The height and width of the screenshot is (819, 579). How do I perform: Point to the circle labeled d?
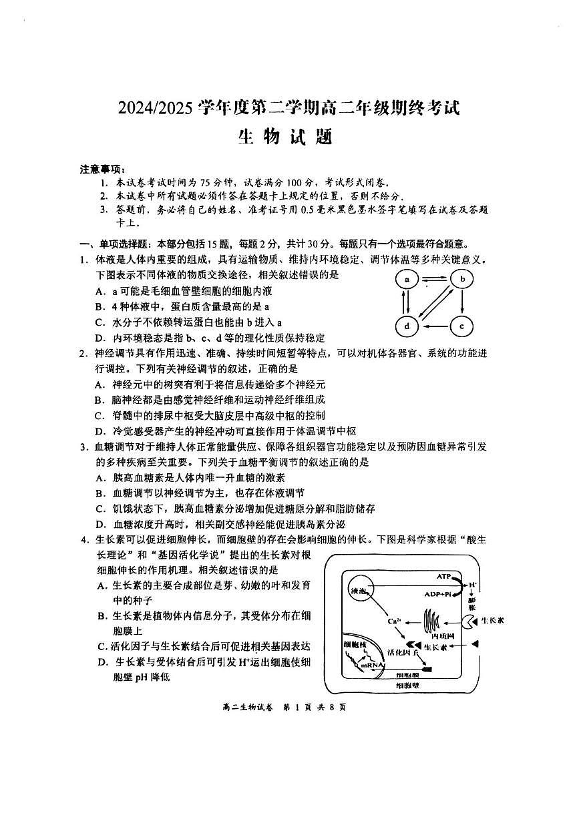[x=406, y=326]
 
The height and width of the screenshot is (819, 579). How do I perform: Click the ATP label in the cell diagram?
[x=444, y=575]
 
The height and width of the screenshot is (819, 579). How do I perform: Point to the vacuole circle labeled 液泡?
[x=358, y=591]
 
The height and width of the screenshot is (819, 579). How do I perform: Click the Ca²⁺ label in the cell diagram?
[x=394, y=622]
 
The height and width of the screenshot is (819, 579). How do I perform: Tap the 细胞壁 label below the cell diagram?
[x=407, y=686]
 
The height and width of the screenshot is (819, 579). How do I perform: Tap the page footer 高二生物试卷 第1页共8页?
[x=288, y=708]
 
